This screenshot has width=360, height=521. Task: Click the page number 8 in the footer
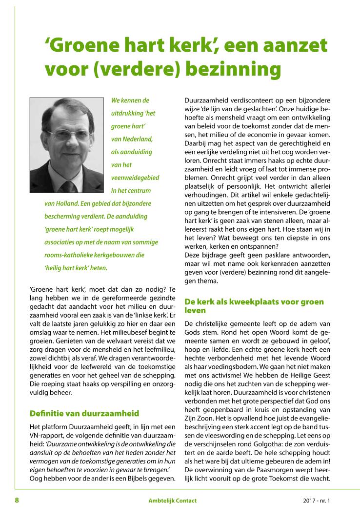[17, 501]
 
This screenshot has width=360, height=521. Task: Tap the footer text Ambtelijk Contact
[173, 501]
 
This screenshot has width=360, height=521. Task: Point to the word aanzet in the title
[296, 47]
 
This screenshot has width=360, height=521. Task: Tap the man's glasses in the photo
[66, 134]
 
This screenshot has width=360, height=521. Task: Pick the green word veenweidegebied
[135, 178]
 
